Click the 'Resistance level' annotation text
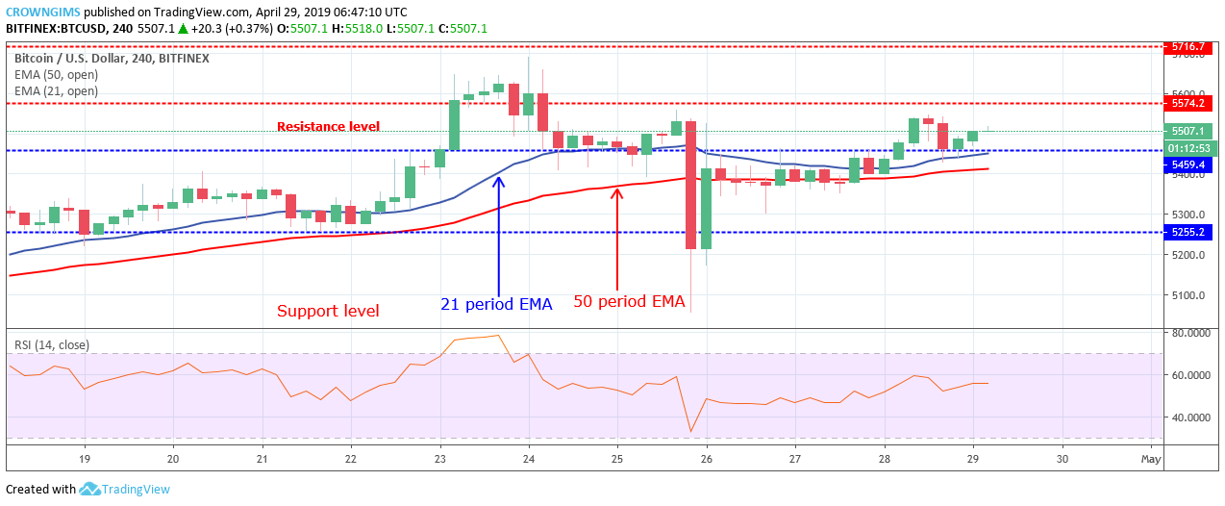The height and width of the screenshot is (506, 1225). pyautogui.click(x=328, y=126)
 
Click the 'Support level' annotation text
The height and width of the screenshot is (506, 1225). pyautogui.click(x=328, y=311)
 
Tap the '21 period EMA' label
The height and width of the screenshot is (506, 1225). pyautogui.click(x=496, y=304)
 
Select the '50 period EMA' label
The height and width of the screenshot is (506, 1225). pyautogui.click(x=630, y=301)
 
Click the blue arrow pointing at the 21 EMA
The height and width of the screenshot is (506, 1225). pyautogui.click(x=498, y=231)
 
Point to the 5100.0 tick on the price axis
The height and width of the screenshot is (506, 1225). pyautogui.click(x=1182, y=295)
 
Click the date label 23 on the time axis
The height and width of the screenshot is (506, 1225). pyautogui.click(x=439, y=460)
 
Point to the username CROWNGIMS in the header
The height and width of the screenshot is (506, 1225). pyautogui.click(x=41, y=13)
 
